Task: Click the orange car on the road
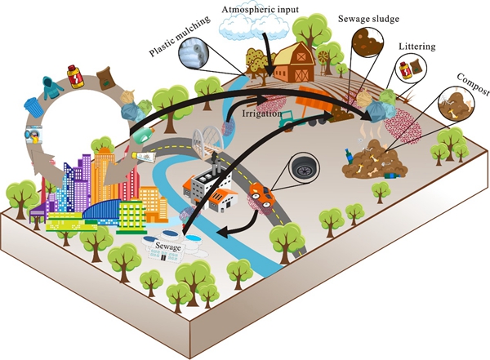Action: point(261,194)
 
